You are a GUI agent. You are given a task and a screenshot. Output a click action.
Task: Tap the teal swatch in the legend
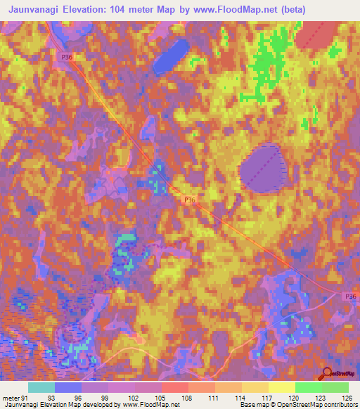pos(41,387)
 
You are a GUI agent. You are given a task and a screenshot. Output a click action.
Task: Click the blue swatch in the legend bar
pos(68,387)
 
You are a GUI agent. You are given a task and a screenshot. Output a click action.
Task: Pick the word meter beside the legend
pos(11,398)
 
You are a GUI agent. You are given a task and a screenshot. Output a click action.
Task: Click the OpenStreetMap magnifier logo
pos(326,373)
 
